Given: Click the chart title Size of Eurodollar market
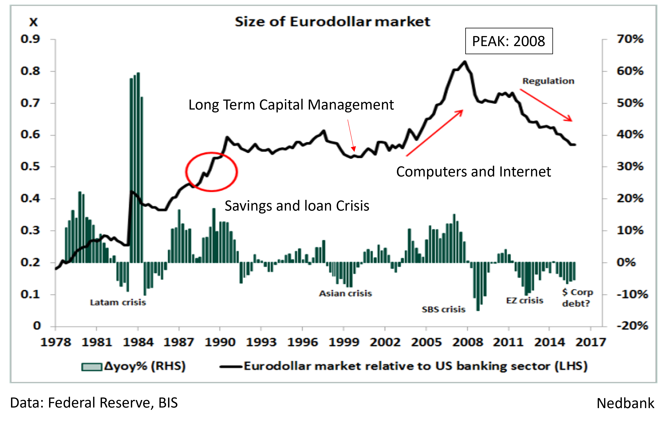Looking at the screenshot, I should click(332, 22).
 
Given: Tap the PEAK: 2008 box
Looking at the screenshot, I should click(509, 41).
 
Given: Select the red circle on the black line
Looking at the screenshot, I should click(211, 172).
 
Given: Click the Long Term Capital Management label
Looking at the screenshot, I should click(291, 105).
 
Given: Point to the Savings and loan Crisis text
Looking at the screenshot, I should click(297, 206).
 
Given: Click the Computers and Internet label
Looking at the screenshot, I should click(473, 172).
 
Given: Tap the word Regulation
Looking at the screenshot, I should click(548, 81).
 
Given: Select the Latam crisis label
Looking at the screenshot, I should click(118, 302).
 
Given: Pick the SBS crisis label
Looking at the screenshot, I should click(443, 309).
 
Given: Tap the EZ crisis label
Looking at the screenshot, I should click(524, 300).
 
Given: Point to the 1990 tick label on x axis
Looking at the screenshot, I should click(220, 342).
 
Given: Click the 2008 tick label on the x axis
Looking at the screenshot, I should click(467, 342).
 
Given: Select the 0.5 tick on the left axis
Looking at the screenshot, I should click(30, 166).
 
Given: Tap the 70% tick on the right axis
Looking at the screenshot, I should click(630, 39).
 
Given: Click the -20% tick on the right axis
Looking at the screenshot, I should click(632, 326).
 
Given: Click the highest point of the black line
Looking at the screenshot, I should click(465, 62).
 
